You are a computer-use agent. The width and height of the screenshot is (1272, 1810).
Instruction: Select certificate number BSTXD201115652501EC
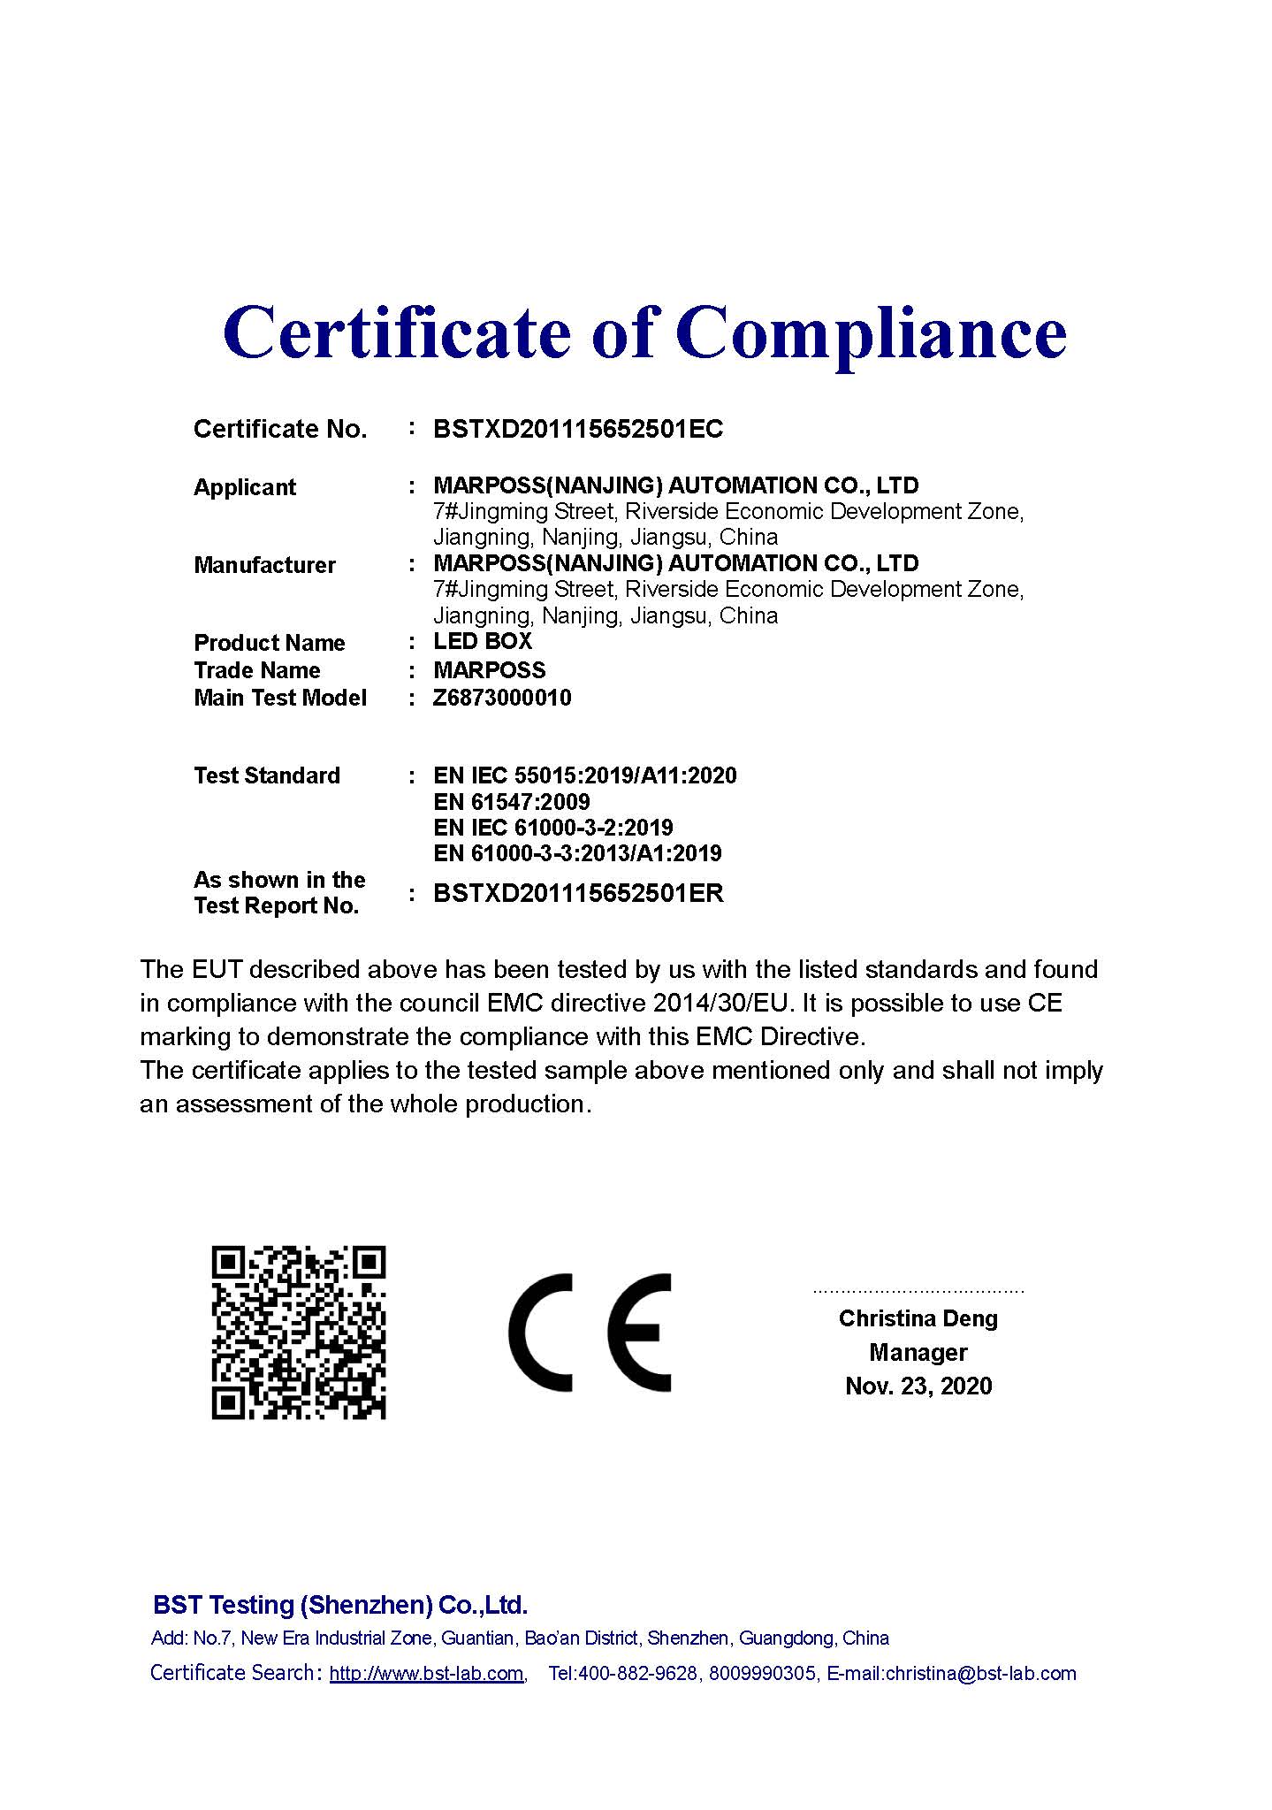[x=578, y=430]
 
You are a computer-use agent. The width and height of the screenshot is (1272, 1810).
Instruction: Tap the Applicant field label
[x=245, y=487]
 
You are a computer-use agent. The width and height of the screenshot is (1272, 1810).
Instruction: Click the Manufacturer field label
[x=264, y=565]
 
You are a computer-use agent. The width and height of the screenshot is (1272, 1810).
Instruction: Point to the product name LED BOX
[x=483, y=641]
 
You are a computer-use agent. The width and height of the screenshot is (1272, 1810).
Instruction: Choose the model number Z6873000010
[x=502, y=698]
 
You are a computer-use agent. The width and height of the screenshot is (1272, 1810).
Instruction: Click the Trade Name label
[x=256, y=670]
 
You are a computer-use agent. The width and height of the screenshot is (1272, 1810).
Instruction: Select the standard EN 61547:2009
[x=512, y=802]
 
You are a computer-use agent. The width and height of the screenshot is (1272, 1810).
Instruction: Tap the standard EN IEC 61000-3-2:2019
[x=553, y=828]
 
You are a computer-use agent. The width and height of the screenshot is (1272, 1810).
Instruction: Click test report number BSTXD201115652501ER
[x=578, y=893]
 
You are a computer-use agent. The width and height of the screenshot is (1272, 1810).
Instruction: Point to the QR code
[x=299, y=1333]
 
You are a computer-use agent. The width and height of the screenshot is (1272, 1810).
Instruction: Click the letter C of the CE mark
[x=540, y=1333]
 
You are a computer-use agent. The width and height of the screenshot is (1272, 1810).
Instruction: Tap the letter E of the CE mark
[x=639, y=1333]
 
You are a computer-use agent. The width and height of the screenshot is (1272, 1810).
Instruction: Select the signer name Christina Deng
[x=918, y=1318]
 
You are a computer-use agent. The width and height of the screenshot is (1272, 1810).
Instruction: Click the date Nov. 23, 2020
[x=918, y=1386]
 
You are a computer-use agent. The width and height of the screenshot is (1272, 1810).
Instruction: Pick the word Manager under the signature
[x=918, y=1352]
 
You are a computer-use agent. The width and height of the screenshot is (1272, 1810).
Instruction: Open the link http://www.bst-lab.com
[x=426, y=1673]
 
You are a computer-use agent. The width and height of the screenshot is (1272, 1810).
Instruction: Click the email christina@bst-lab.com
[x=980, y=1673]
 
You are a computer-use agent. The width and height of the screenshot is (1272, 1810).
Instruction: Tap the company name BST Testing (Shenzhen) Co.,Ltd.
[x=340, y=1605]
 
